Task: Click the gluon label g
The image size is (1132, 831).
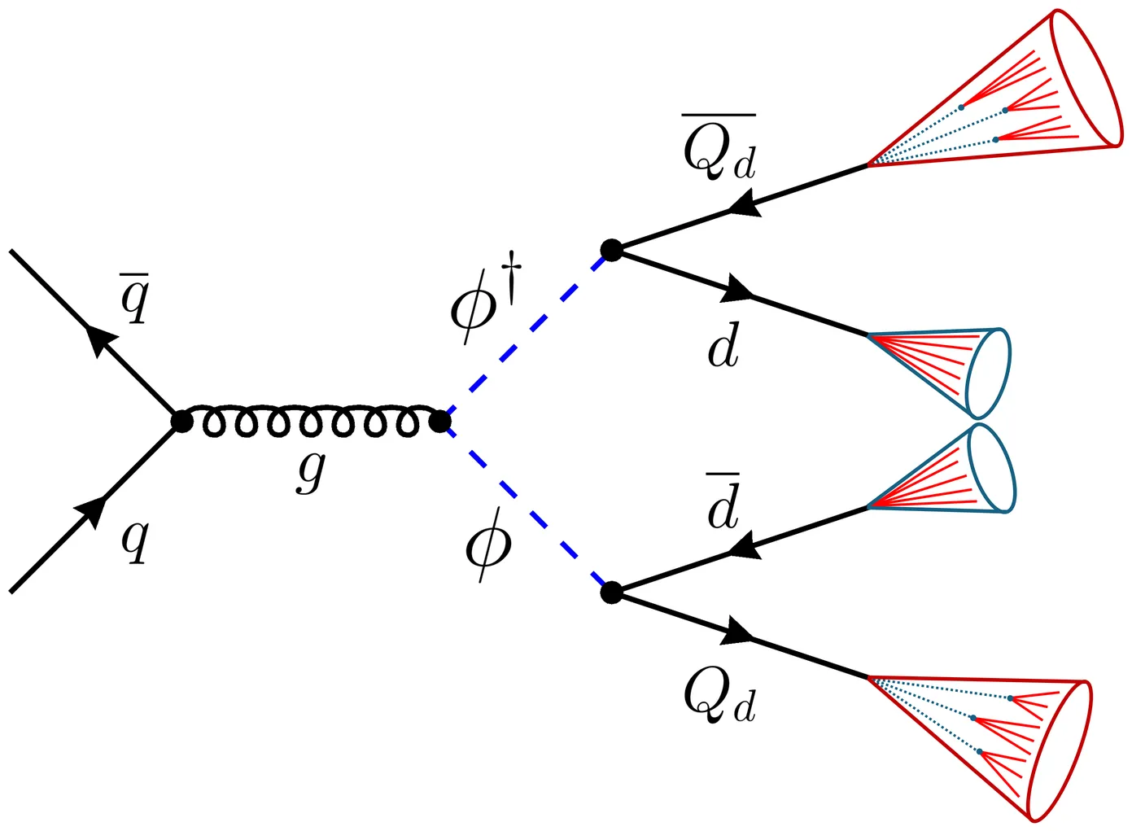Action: pos(311,470)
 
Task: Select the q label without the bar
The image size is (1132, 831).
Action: pos(135,540)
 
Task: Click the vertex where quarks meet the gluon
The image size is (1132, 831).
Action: pos(181,422)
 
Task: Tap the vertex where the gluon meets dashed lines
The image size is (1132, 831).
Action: pos(439,422)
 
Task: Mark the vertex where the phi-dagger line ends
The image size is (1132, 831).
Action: pos(611,250)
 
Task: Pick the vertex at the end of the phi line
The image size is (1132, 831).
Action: pos(611,593)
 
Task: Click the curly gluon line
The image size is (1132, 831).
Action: pos(309,420)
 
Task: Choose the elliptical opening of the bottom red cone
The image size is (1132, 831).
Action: pos(1059,750)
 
